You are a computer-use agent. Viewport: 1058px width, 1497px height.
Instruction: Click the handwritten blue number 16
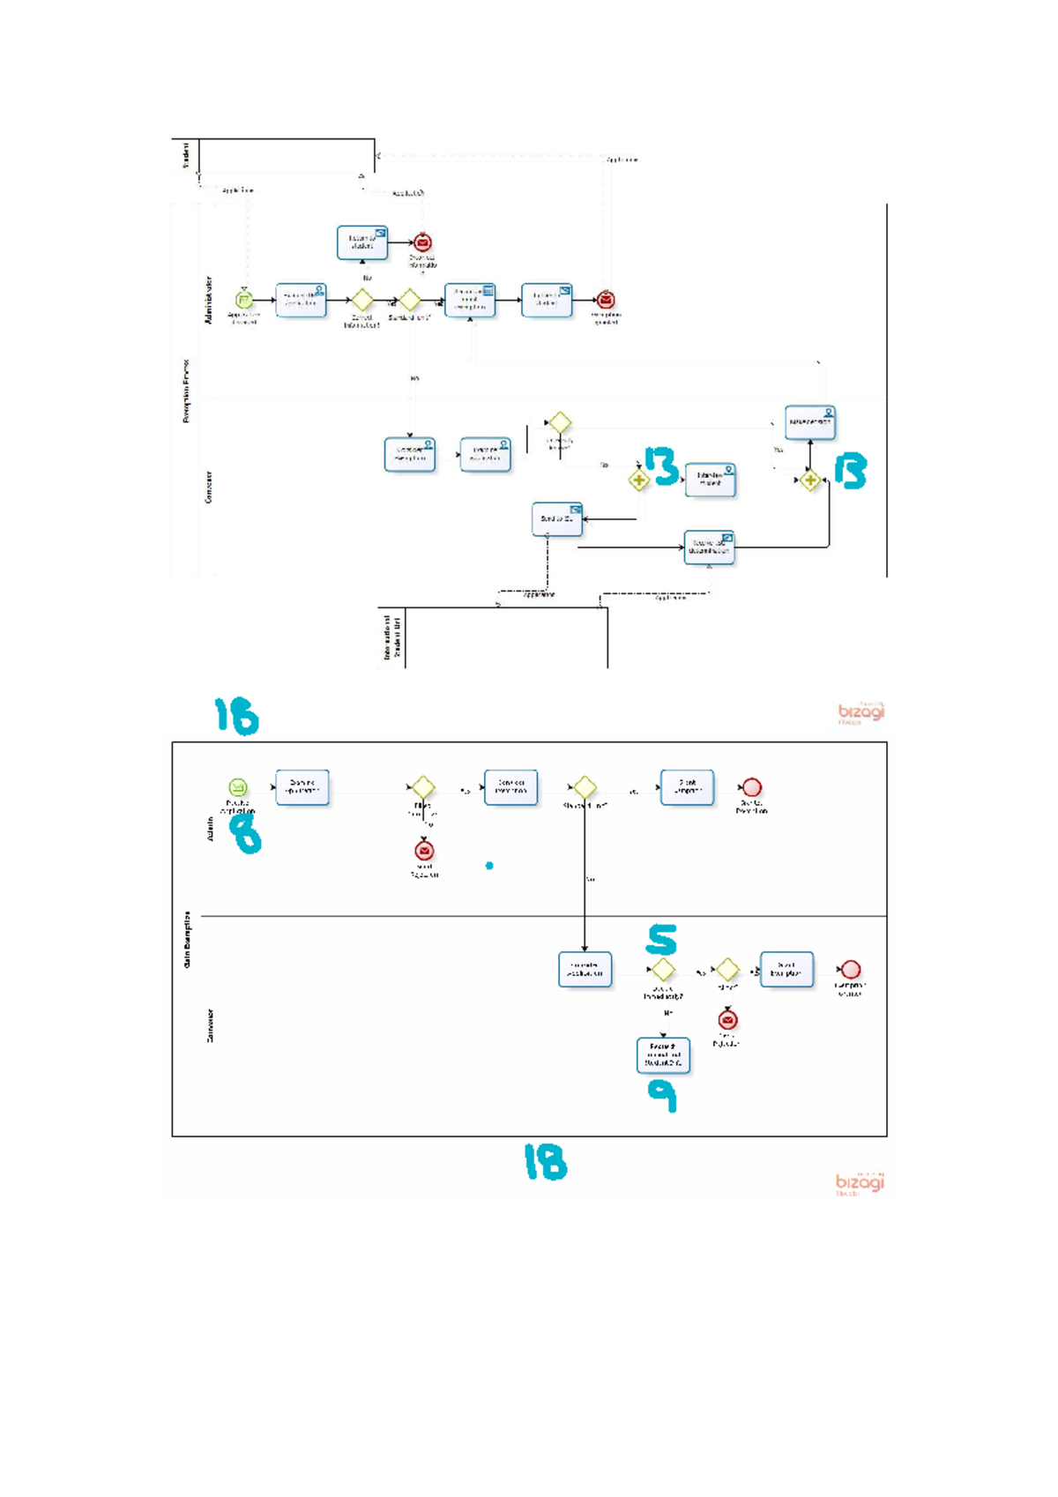(236, 716)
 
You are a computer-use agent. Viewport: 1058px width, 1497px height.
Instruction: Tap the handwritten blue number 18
(546, 1162)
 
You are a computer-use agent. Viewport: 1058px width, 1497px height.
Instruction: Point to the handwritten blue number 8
(246, 833)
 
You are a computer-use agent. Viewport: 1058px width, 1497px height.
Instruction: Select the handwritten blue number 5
(661, 940)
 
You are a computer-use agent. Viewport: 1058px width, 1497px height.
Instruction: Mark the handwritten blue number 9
(662, 1096)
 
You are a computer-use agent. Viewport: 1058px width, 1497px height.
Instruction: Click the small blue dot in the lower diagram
(489, 866)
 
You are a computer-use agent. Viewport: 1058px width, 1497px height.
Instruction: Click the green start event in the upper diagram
(244, 301)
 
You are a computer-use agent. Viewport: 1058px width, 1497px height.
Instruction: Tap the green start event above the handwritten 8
(237, 787)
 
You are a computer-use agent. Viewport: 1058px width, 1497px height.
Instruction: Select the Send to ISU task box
(557, 519)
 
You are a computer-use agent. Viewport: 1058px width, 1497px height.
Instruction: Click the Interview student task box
(710, 480)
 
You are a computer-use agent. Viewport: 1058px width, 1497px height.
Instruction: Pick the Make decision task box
(810, 422)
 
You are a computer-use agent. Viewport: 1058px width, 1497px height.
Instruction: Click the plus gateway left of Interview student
(639, 480)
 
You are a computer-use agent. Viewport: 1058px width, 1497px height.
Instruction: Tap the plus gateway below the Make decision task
(810, 480)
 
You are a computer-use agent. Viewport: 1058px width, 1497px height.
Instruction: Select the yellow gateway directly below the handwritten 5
(663, 970)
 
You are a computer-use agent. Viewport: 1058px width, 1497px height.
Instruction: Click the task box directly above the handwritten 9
(663, 1055)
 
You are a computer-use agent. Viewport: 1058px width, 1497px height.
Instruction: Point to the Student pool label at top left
(185, 155)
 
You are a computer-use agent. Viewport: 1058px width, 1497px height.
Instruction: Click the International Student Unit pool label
(392, 637)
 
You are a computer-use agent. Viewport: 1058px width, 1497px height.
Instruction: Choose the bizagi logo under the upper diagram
(861, 712)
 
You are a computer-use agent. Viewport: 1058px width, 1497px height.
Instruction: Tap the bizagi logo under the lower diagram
(860, 1183)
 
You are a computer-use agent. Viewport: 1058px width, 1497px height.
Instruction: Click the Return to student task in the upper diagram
(362, 242)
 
